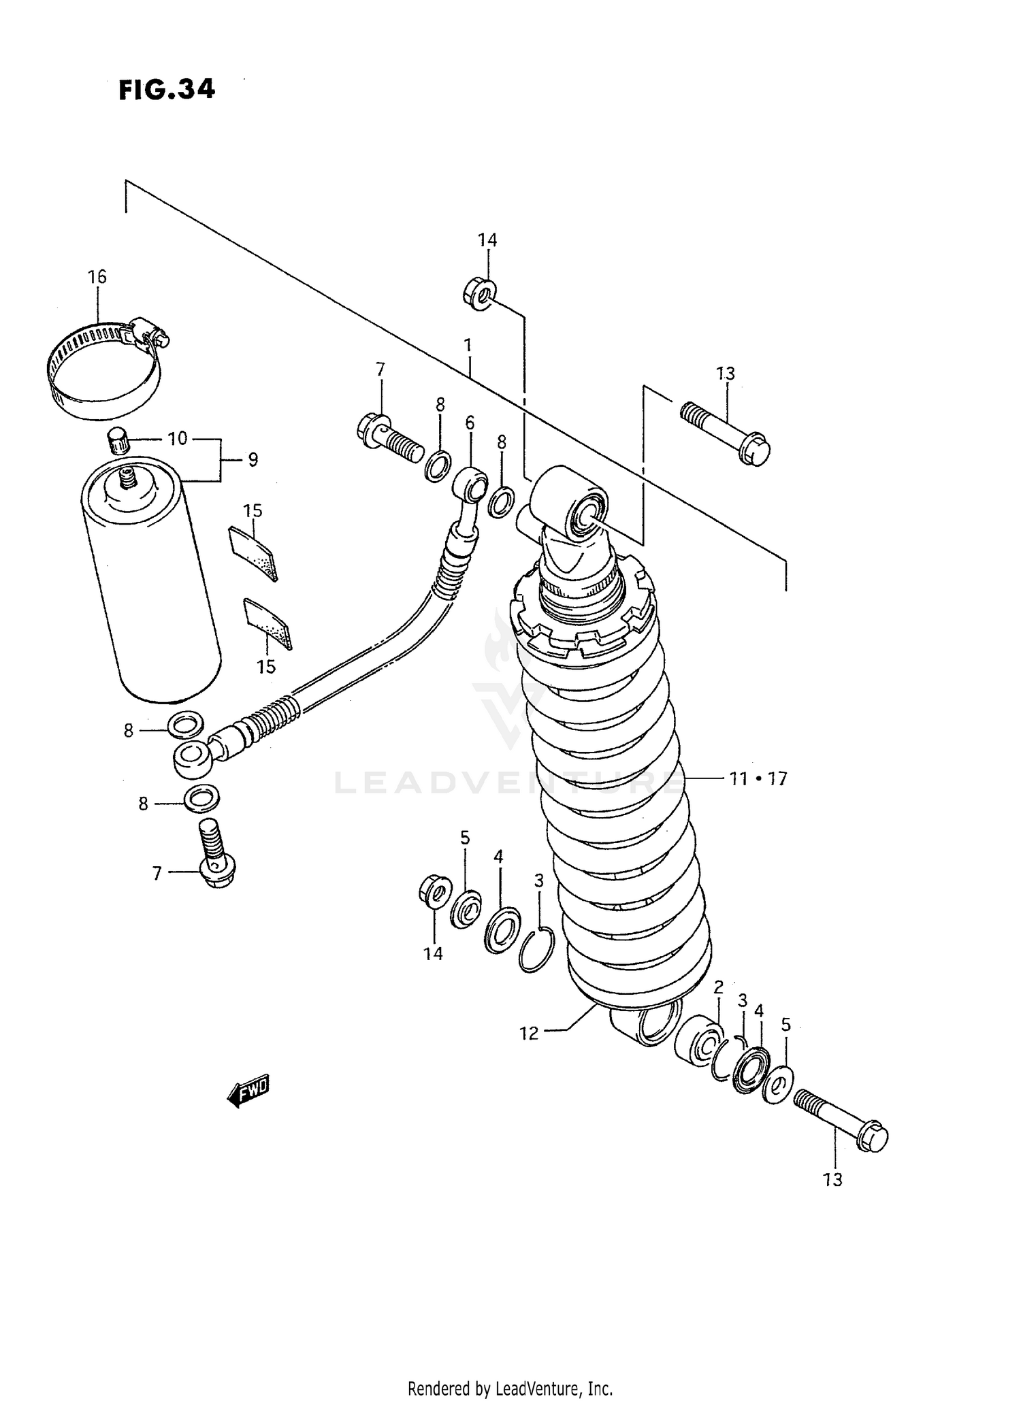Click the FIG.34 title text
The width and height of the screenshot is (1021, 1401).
[167, 89]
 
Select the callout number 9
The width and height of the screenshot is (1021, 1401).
[253, 460]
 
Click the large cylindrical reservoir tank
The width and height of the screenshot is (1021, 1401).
[150, 585]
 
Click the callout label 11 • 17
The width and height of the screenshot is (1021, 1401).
[758, 778]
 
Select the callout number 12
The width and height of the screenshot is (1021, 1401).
[528, 1034]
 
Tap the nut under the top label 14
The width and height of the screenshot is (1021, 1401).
[479, 295]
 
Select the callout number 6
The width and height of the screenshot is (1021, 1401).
[470, 423]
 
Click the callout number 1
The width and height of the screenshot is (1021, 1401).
[468, 345]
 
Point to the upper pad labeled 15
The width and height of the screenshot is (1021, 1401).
[253, 553]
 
